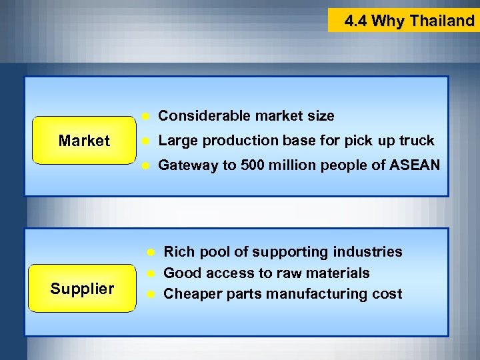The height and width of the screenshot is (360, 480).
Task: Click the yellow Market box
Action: [84, 141]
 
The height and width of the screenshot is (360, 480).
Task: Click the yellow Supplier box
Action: [82, 289]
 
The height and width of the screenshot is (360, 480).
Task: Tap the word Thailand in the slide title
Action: [442, 21]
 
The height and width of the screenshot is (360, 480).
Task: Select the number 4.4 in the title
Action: [356, 21]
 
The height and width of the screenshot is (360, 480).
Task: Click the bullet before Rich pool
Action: [151, 252]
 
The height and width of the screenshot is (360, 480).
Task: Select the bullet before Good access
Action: [151, 273]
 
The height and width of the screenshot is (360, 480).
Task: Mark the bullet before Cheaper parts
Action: [151, 294]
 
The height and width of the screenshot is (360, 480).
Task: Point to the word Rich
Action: [177, 252]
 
